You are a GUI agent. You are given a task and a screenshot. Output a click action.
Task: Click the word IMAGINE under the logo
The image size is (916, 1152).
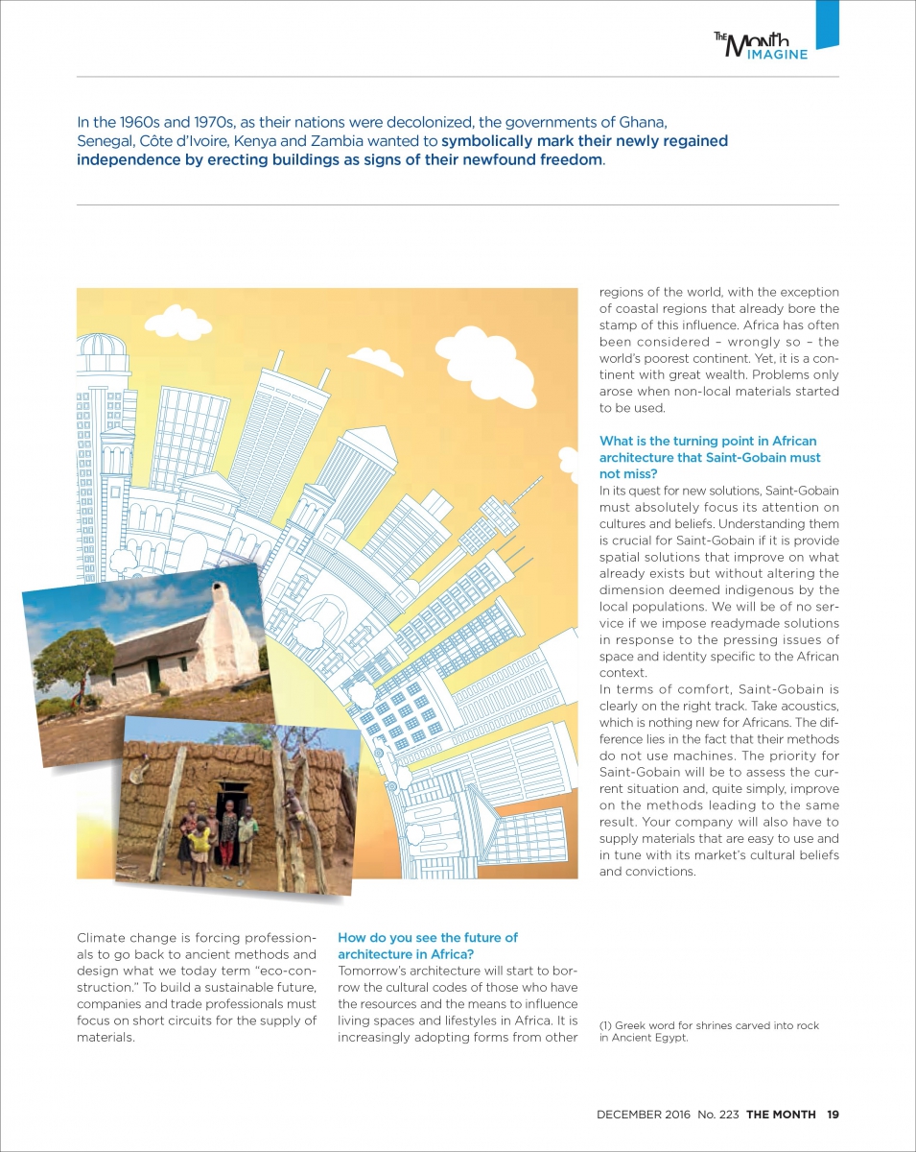coord(778,54)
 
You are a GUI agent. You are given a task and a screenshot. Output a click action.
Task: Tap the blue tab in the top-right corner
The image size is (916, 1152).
coord(827,23)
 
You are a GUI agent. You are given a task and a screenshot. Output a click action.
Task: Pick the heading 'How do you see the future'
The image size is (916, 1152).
coord(427,938)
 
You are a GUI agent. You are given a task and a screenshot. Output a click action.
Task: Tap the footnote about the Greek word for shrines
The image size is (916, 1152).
coord(709,1031)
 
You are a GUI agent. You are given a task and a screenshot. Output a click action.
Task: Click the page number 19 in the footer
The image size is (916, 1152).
coord(833,1115)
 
